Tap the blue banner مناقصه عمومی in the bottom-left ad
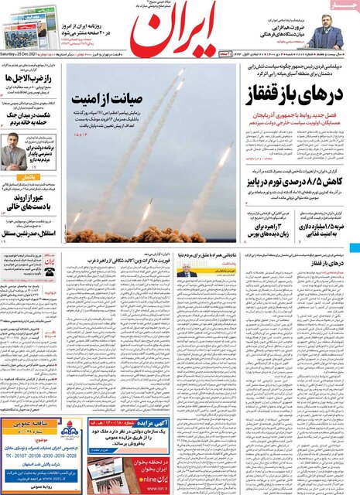30,424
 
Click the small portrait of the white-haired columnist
187,272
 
